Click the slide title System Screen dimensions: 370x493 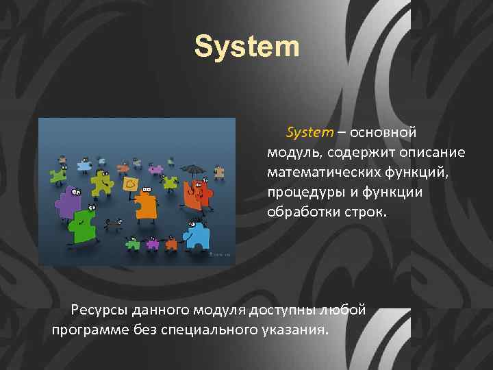(246, 47)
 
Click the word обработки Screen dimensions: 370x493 (300, 212)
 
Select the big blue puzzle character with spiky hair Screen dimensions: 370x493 (198, 234)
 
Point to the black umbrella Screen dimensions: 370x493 (194, 168)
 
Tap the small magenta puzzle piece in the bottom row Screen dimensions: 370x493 (152, 243)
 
